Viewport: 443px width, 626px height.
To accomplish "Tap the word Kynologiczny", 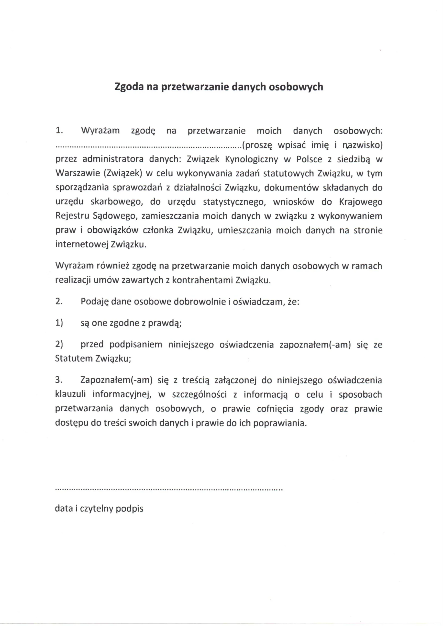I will (x=251, y=159).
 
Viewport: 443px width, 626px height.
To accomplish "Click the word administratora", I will (x=113, y=159).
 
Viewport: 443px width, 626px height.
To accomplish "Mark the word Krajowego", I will (x=361, y=202).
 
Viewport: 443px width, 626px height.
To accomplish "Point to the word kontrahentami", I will (x=202, y=280).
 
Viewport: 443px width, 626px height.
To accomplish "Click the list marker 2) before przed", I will (x=59, y=345).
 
